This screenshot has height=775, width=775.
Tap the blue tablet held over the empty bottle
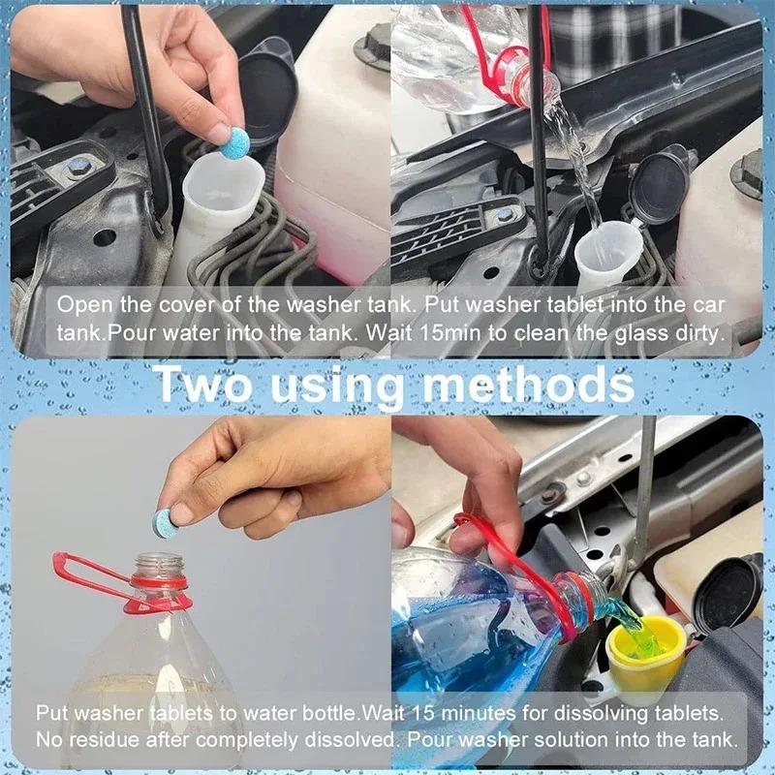pos(164,522)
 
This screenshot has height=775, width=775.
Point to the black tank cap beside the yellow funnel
pos(726,592)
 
